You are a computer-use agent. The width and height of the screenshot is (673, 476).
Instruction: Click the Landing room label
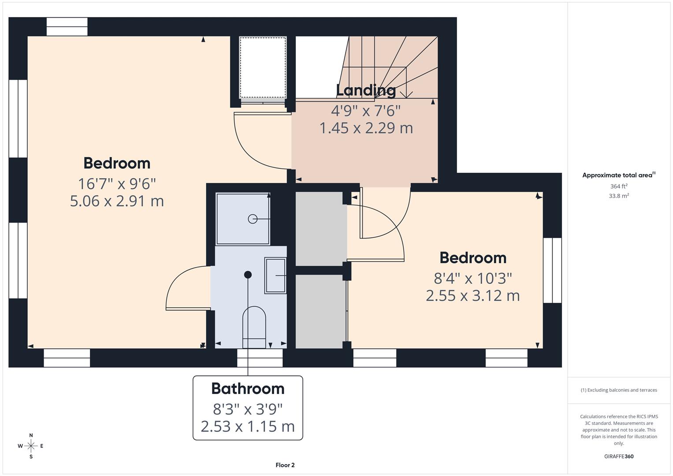[366, 90]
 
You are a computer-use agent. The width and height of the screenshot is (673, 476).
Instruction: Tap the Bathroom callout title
[248, 389]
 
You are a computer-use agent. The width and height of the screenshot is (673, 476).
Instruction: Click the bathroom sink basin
[275, 275]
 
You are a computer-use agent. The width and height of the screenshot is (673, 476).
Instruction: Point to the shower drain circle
[253, 219]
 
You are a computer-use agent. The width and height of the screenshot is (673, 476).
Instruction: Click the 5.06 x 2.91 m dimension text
[117, 201]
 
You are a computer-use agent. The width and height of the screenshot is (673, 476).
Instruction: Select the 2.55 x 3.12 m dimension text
[472, 295]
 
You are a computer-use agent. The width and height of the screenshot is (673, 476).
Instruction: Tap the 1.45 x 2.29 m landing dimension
[366, 128]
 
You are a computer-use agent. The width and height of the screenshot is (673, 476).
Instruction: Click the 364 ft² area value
[619, 186]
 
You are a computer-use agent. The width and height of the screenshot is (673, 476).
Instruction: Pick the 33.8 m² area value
[619, 196]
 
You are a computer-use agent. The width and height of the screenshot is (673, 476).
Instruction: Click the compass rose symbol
[31, 446]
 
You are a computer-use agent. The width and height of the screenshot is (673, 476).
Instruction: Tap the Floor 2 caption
[285, 465]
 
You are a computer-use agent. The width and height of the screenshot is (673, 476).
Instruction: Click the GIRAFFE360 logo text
[619, 456]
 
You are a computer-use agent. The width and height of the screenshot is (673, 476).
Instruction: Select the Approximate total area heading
[618, 175]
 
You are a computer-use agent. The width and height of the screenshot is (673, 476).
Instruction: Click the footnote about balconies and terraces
[619, 390]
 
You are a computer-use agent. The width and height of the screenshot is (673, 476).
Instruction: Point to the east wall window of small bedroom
[552, 270]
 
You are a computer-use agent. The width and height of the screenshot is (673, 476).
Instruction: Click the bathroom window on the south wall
[260, 357]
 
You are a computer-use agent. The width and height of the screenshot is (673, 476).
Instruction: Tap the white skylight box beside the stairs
[263, 67]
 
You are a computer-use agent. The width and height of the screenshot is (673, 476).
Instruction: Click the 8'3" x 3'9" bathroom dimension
[248, 409]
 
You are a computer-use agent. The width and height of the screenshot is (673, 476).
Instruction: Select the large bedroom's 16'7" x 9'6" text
[117, 184]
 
